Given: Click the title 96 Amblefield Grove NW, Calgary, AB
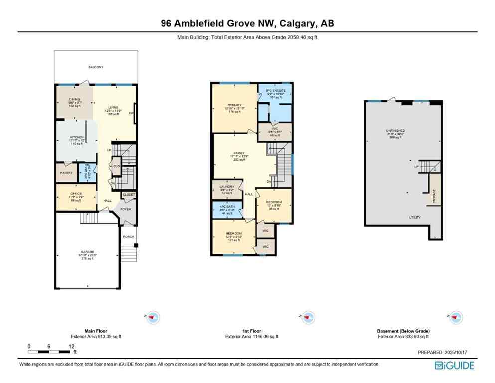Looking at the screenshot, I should coord(247,23).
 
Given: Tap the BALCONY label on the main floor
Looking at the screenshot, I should coord(96,67).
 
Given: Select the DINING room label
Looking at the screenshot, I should coord(74,100).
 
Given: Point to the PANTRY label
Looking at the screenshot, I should coord(66,173).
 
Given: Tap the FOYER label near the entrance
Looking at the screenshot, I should coord(126,209).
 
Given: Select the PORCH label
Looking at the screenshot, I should coord(128,237).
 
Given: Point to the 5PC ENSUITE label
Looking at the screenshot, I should coord(275,91).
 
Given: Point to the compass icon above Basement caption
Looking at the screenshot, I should coord(455,316).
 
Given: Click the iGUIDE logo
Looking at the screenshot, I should coord(454,366).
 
